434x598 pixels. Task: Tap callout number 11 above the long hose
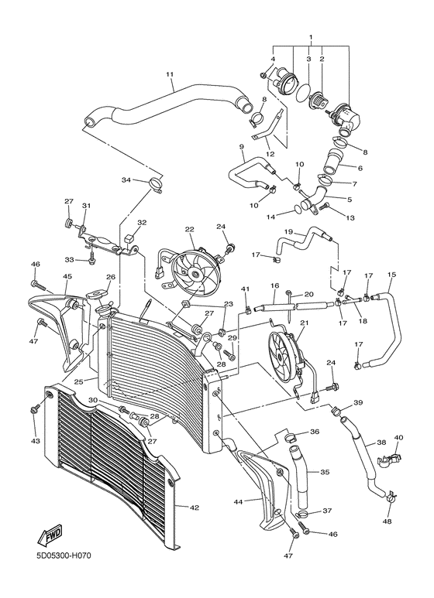tap(168, 74)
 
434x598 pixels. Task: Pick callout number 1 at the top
tap(310, 37)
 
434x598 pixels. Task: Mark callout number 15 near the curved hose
tap(391, 275)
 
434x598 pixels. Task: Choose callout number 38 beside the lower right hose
tap(381, 443)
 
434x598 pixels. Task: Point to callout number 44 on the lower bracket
tap(239, 502)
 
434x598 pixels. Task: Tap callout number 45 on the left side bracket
tap(67, 276)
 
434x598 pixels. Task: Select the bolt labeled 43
tap(34, 409)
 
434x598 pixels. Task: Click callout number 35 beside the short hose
tap(325, 471)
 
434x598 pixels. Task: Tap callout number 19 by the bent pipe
tap(288, 231)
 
